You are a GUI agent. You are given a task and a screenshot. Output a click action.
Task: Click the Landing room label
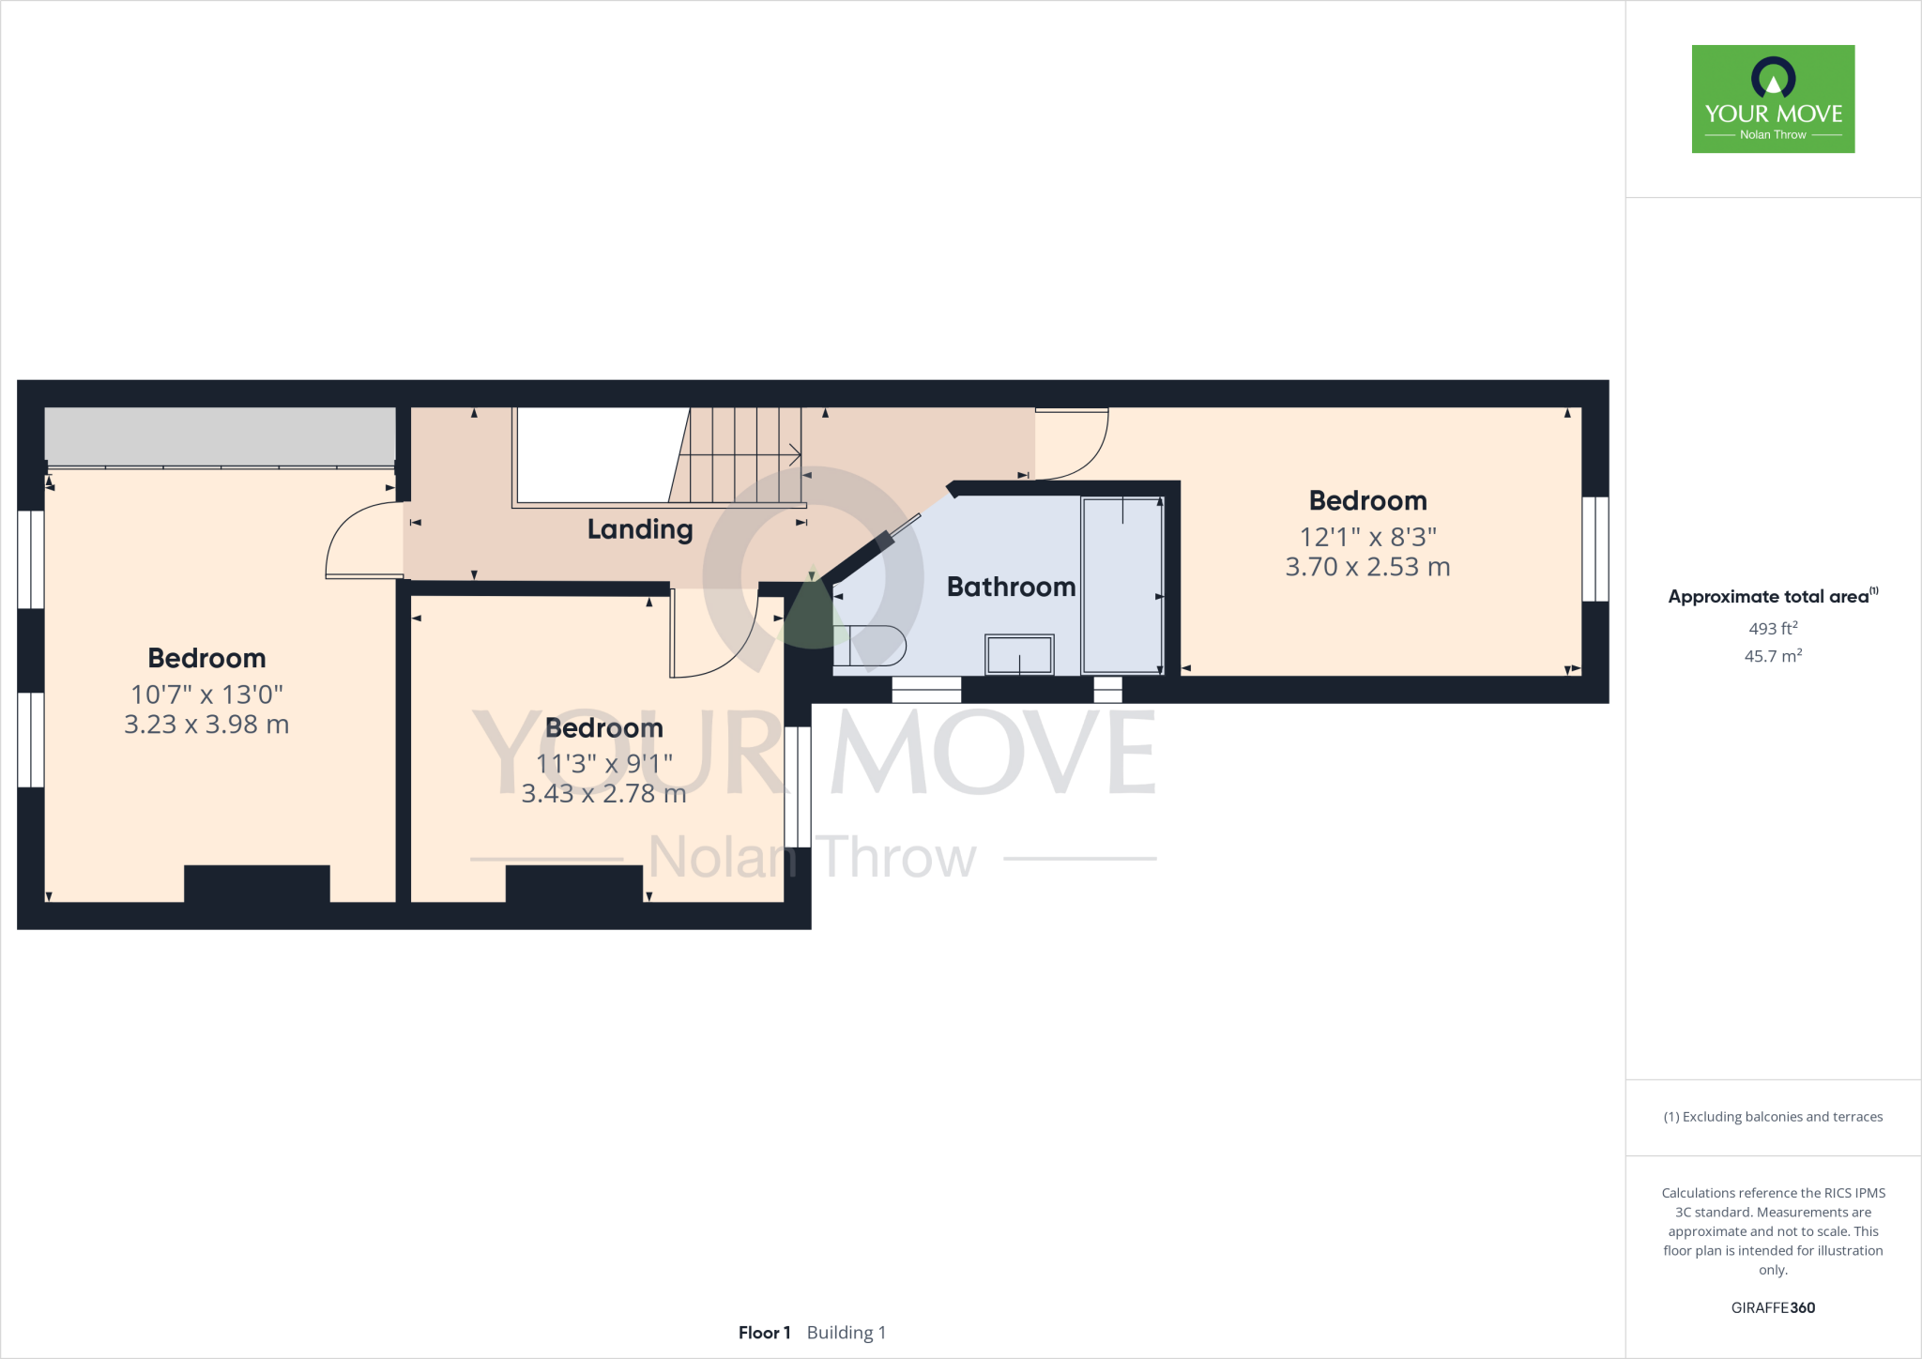point(640,529)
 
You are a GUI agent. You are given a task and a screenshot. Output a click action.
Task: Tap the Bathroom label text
point(1011,588)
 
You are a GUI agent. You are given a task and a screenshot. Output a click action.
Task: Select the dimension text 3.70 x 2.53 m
point(1367,567)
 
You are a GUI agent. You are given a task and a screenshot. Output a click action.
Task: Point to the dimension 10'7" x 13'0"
point(206,695)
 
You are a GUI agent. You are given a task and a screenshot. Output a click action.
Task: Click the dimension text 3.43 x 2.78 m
point(603,794)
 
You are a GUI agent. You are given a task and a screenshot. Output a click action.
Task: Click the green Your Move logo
point(1773,99)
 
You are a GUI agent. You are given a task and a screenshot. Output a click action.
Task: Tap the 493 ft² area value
point(1773,628)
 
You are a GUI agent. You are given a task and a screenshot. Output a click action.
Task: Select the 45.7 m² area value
point(1773,656)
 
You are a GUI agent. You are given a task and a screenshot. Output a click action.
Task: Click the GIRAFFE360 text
point(1773,1307)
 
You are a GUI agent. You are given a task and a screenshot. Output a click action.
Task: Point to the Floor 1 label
point(764,1333)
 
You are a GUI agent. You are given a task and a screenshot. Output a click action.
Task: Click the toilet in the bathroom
point(870,646)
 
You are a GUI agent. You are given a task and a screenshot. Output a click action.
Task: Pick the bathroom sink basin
point(1019,654)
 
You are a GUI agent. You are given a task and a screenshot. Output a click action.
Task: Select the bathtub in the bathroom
point(1122,585)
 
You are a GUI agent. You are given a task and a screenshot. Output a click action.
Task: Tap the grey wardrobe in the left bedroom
point(221,435)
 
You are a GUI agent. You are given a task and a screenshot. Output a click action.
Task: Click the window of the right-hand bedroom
point(1595,549)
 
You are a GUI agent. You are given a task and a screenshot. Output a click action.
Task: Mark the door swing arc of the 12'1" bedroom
point(1079,450)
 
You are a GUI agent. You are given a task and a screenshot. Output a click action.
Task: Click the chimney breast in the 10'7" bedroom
point(256,883)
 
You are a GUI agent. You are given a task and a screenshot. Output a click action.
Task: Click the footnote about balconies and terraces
point(1773,1117)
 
